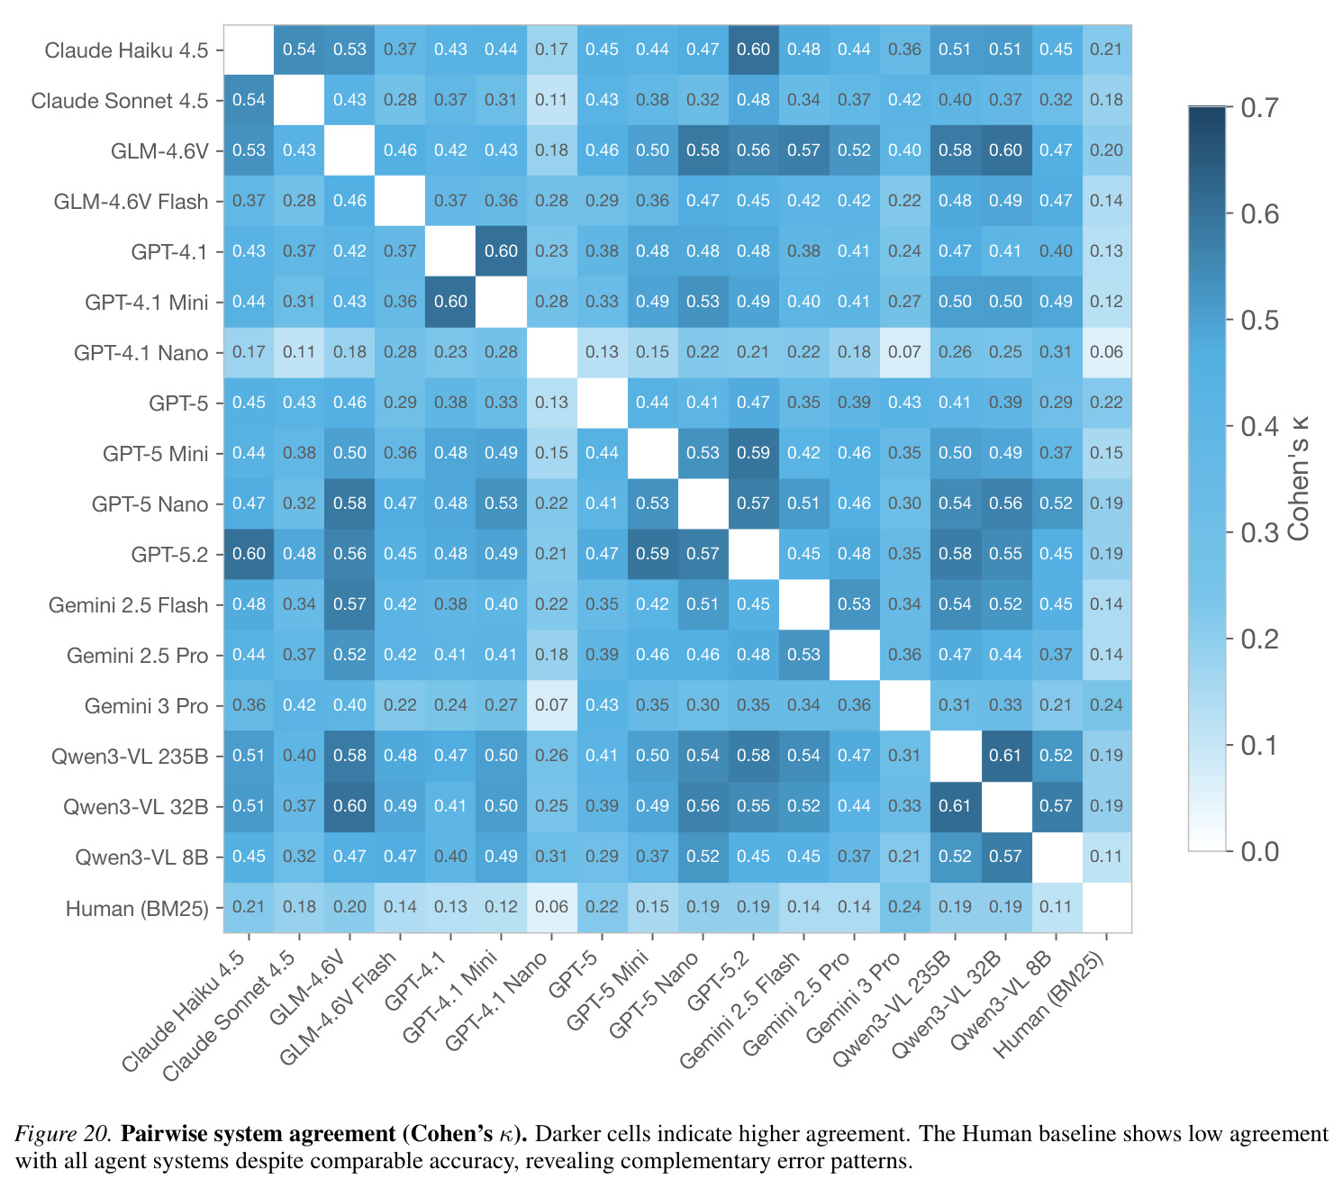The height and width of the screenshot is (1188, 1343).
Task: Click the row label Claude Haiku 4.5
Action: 126,50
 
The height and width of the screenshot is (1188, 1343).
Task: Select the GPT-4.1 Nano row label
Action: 141,353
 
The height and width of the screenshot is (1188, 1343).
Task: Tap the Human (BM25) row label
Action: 137,908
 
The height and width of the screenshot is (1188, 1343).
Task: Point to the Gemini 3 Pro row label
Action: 146,706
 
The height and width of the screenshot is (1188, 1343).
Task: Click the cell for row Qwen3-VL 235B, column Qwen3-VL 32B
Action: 1005,756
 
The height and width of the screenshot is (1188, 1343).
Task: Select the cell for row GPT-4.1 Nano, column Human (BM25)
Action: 1106,352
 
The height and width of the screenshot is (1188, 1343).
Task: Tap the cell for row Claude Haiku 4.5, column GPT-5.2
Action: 753,50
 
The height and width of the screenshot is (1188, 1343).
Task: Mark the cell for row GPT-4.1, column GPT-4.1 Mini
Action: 501,251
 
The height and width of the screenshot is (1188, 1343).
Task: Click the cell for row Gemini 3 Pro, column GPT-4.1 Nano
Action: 551,705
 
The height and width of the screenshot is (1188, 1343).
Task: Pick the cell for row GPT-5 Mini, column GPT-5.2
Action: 753,453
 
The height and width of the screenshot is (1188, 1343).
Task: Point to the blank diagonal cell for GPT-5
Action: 602,403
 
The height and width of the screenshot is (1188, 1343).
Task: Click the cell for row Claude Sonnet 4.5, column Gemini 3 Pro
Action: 905,100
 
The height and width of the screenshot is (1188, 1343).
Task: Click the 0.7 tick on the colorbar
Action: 1259,107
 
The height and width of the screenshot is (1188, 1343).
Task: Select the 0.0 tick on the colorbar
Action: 1259,852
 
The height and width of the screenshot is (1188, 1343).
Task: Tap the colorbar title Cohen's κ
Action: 1298,478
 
